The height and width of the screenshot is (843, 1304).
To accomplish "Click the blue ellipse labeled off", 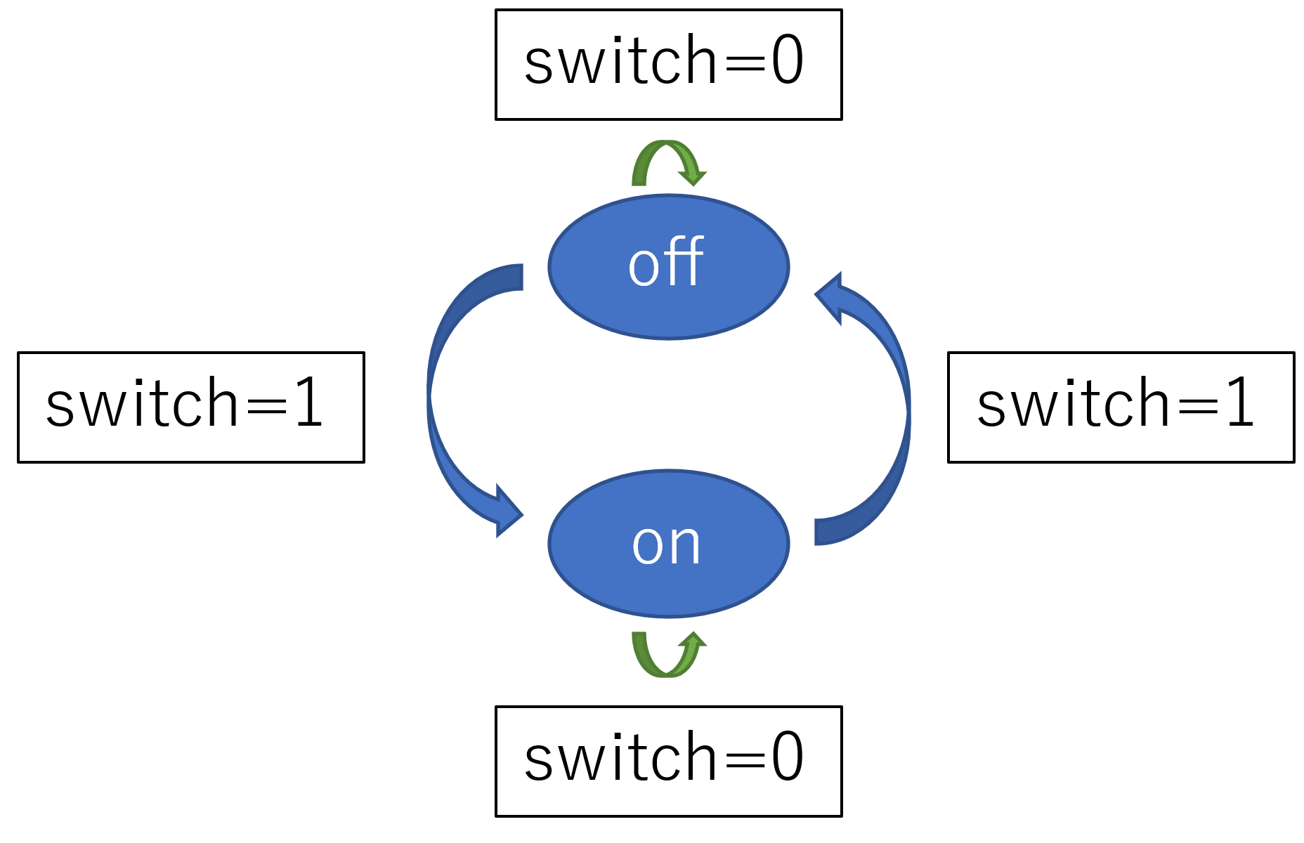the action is tap(668, 267).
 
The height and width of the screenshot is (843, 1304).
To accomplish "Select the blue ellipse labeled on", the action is tap(668, 544).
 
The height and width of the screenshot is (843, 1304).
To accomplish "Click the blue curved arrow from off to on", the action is tap(430, 397).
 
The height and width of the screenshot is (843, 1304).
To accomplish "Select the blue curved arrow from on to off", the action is tap(907, 414).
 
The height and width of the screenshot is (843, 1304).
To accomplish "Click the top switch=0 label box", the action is tap(668, 65).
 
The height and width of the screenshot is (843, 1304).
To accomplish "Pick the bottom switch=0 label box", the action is tap(668, 762).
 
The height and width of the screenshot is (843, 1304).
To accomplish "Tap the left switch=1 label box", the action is tap(190, 407).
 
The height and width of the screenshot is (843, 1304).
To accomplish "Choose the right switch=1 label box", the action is tap(1121, 407).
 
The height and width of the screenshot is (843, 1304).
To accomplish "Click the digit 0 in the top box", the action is tap(787, 60).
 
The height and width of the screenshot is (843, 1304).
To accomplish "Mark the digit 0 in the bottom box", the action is tap(787, 757).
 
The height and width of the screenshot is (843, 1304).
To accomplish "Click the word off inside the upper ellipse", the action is tap(665, 261).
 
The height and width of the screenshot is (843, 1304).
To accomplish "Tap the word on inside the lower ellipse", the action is tap(666, 545).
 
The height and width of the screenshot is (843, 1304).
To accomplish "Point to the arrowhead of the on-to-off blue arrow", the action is tap(829, 298).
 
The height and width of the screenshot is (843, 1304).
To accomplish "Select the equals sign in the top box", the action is tap(744, 63).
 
